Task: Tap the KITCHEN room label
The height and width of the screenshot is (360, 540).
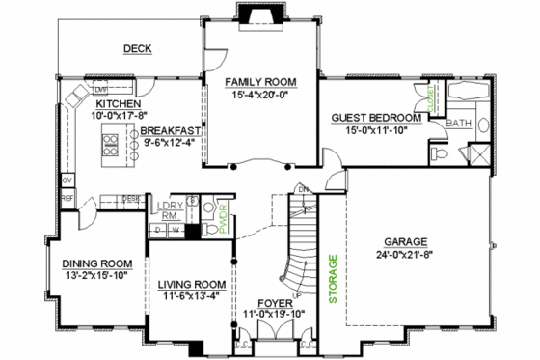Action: [119, 103]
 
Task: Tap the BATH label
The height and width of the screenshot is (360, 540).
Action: [459, 124]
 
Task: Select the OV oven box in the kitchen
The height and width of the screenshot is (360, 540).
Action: [67, 180]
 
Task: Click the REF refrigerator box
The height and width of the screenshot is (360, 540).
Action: [67, 198]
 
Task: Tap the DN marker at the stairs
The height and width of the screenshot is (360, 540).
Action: [302, 188]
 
